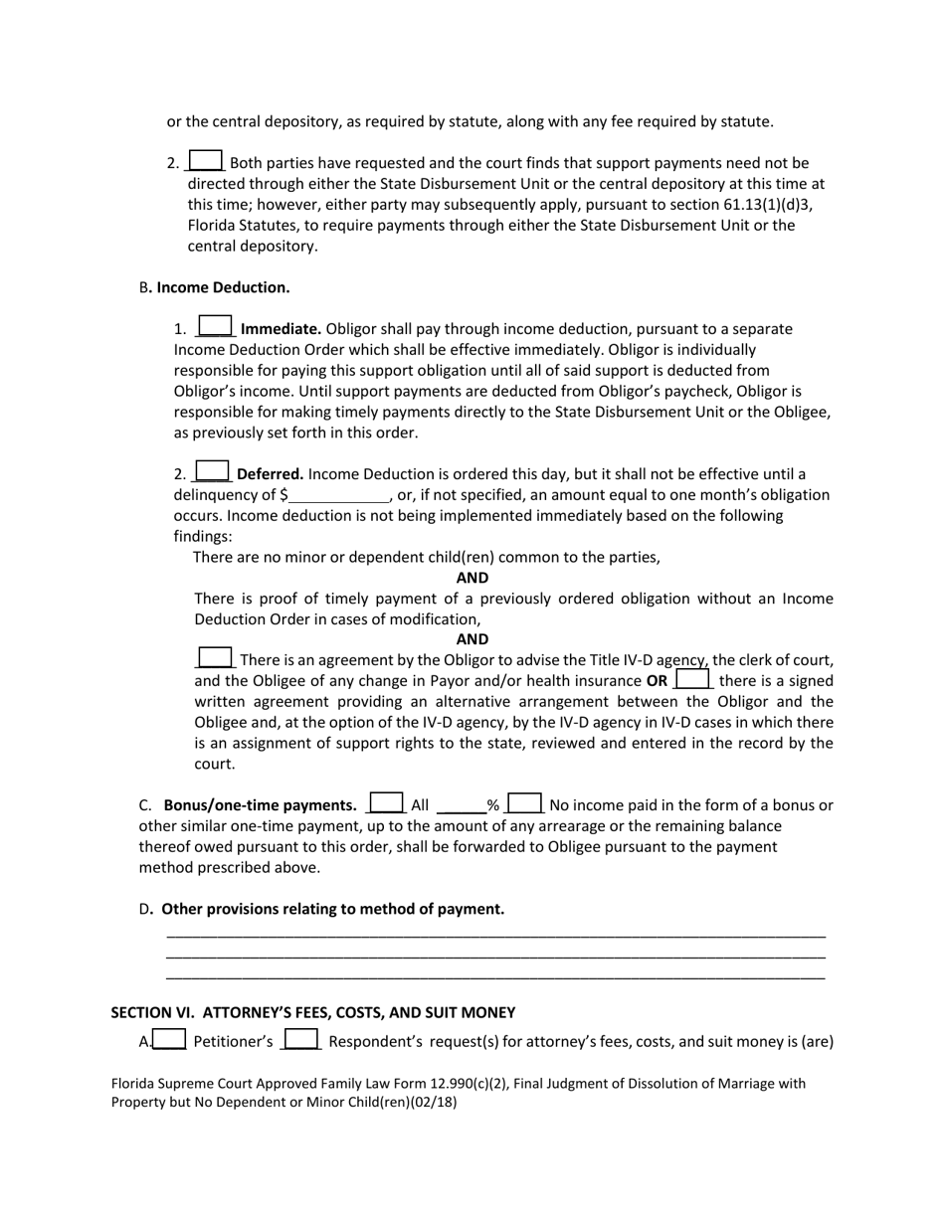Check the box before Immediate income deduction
tap(216, 326)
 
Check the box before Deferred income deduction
tap(213, 471)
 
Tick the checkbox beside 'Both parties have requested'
tap(206, 160)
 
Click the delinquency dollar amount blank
tap(339, 495)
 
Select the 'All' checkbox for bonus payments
tap(386, 802)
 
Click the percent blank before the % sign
tap(461, 805)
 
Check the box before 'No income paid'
tap(525, 802)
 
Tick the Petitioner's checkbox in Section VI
tap(170, 1040)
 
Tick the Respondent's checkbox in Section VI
tap(301, 1040)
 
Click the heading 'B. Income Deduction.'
tap(215, 287)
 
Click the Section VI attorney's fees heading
tap(312, 1012)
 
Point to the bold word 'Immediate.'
tap(282, 328)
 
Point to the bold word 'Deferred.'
tap(271, 474)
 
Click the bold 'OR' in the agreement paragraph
tap(657, 681)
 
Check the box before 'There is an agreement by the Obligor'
tap(216, 657)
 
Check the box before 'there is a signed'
tap(693, 679)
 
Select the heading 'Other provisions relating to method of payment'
tap(332, 909)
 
